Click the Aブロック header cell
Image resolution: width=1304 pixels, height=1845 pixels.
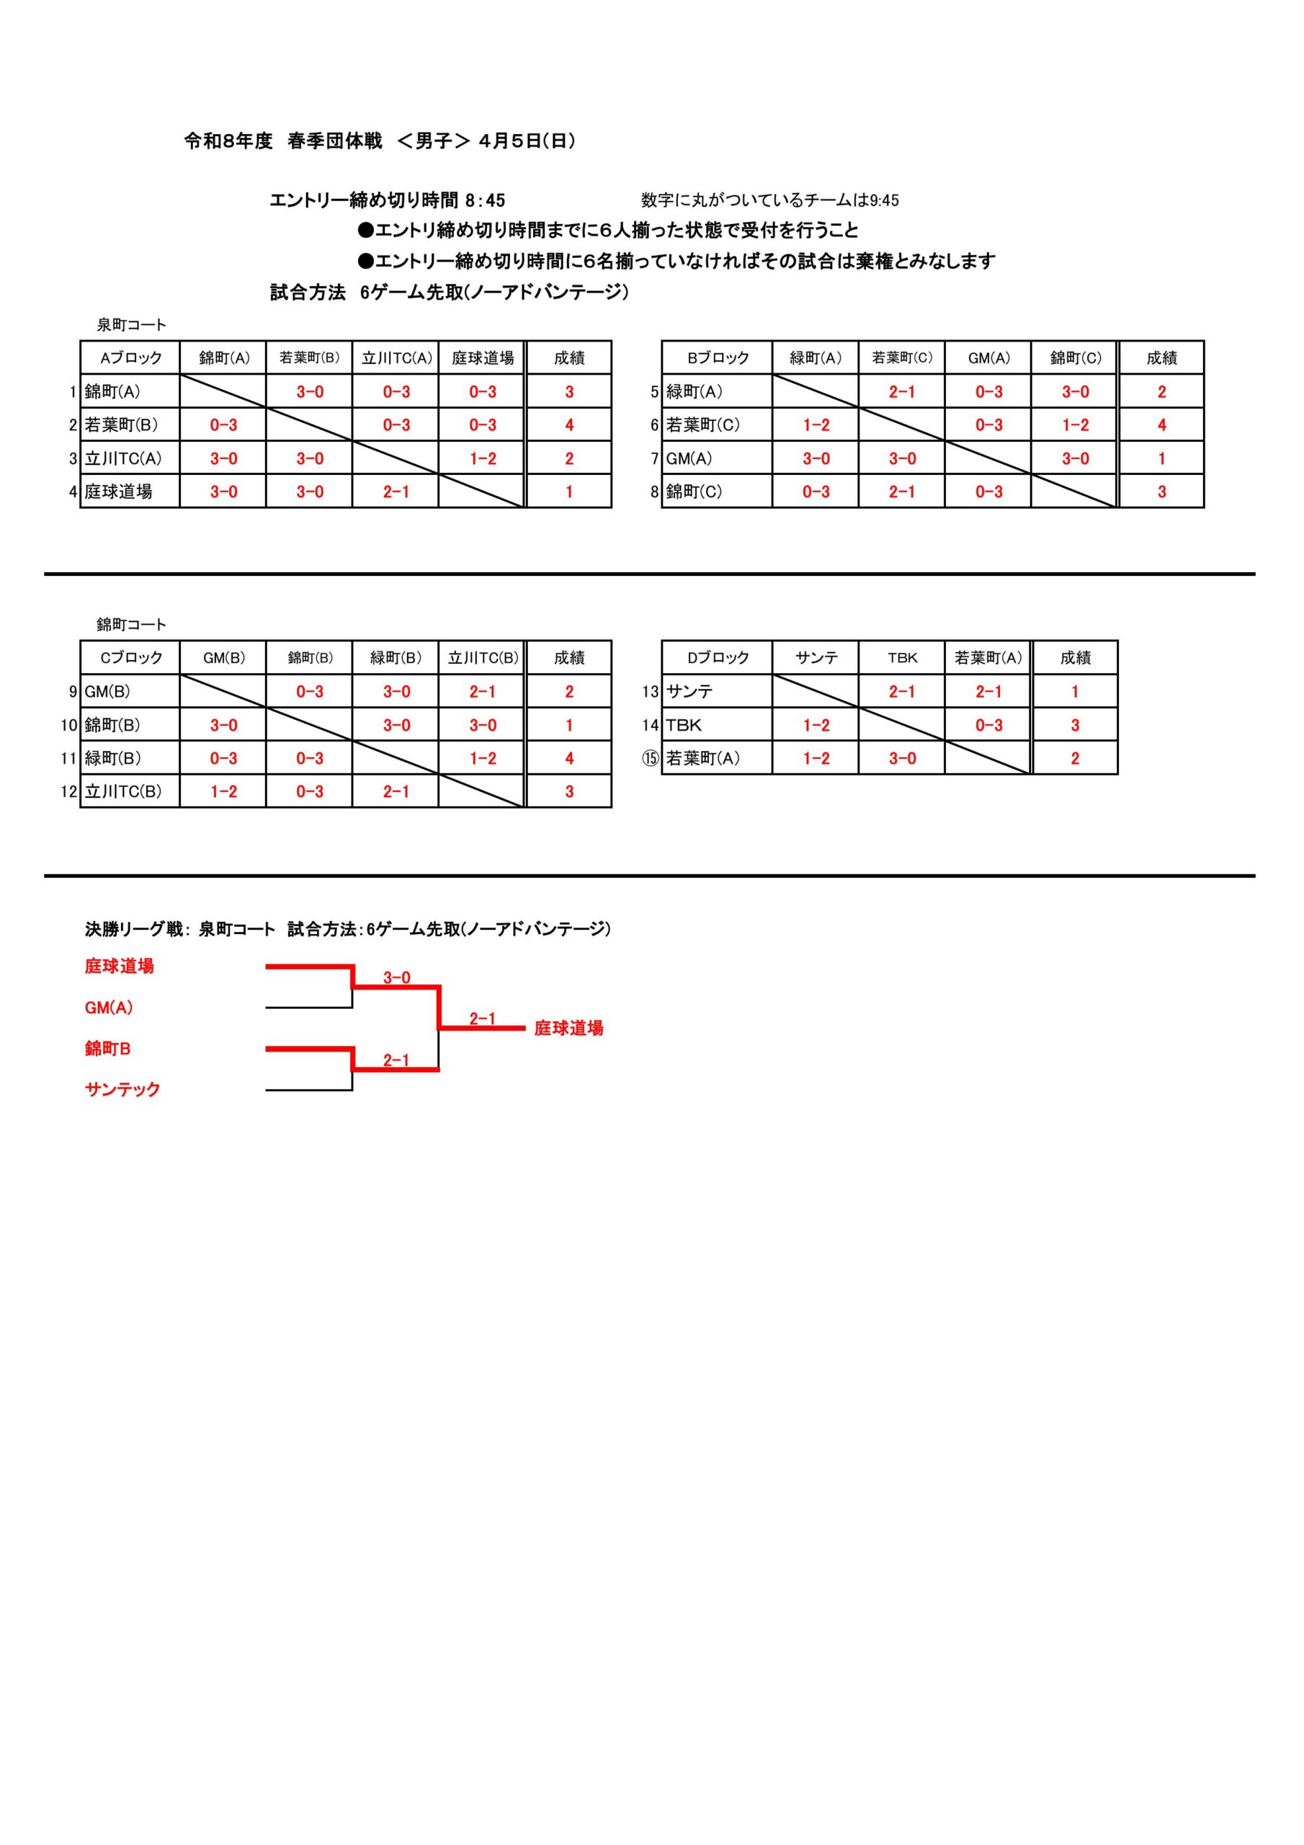[x=130, y=358]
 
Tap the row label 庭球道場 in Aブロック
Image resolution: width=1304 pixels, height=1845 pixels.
[x=119, y=492]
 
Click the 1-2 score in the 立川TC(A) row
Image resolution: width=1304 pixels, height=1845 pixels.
[x=482, y=459]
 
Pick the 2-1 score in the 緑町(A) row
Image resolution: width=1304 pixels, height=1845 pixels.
[x=901, y=392]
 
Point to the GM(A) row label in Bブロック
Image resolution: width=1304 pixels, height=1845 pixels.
[x=689, y=459]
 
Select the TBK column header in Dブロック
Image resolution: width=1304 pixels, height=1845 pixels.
[x=901, y=658]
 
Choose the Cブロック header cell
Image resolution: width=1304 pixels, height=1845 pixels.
[x=130, y=658]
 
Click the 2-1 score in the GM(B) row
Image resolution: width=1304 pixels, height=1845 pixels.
[x=482, y=692]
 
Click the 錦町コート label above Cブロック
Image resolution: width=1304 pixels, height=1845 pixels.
[x=131, y=624]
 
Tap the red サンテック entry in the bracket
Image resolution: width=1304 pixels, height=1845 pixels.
[x=122, y=1090]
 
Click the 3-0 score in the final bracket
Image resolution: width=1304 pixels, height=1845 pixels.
[x=396, y=978]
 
